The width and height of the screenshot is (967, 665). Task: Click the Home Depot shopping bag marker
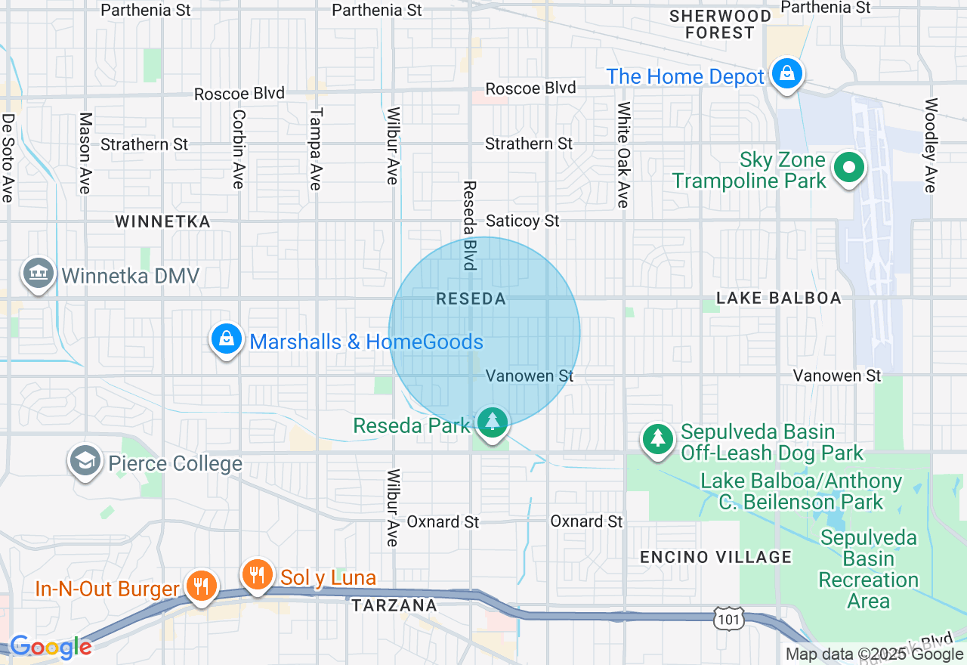pyautogui.click(x=787, y=74)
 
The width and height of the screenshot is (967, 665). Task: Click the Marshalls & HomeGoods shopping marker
pyautogui.click(x=227, y=339)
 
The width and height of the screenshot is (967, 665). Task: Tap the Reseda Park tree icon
pyautogui.click(x=493, y=421)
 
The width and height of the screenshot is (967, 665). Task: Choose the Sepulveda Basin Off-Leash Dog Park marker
pyautogui.click(x=658, y=439)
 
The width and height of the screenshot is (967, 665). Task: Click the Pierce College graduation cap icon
pyautogui.click(x=85, y=460)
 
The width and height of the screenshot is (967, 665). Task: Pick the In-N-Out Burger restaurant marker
pyautogui.click(x=201, y=586)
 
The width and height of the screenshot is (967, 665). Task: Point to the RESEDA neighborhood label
pyautogui.click(x=471, y=299)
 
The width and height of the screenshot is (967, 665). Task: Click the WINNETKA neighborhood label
pyautogui.click(x=162, y=221)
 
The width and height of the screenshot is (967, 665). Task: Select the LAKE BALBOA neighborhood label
pyautogui.click(x=778, y=298)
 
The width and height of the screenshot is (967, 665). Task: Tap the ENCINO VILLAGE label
pyautogui.click(x=715, y=558)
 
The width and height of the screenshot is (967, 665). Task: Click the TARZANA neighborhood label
pyautogui.click(x=394, y=605)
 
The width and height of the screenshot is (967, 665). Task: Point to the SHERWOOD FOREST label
pyautogui.click(x=720, y=24)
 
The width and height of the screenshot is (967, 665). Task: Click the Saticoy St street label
pyautogui.click(x=523, y=221)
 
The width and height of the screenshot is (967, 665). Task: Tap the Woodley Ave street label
pyautogui.click(x=931, y=145)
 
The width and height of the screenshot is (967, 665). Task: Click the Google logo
pyautogui.click(x=50, y=647)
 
